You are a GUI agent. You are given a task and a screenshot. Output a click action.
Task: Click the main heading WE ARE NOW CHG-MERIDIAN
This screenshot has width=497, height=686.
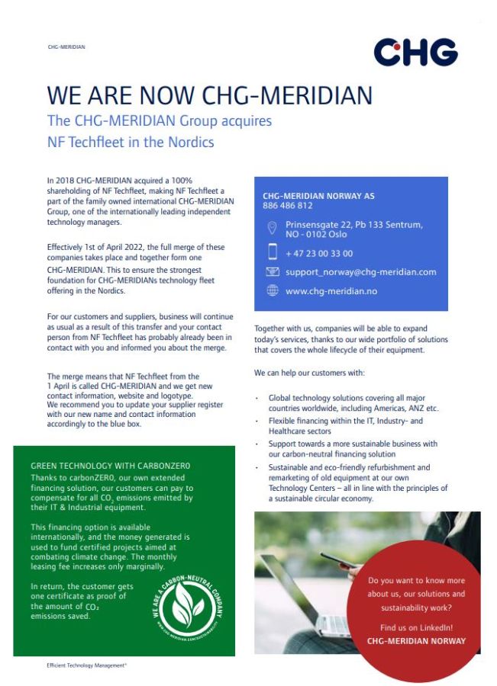pos(209,95)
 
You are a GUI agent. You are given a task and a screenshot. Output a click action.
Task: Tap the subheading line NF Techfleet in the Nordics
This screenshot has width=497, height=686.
pos(131,142)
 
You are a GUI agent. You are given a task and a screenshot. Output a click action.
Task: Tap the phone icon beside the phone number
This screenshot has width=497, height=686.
pos(273,252)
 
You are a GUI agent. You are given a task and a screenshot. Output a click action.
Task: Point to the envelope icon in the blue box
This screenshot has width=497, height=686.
pos(273,271)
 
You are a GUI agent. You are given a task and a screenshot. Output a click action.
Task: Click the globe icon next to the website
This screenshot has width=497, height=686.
pos(273,290)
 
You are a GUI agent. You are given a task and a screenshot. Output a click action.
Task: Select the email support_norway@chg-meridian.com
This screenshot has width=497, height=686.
pos(361,271)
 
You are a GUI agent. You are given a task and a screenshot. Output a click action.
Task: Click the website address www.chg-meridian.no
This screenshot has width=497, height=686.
pos(331,290)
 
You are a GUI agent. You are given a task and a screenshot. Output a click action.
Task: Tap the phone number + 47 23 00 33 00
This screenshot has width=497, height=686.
pos(319,253)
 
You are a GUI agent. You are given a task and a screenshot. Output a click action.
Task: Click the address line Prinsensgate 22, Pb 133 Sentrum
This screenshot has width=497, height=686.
pos(353,225)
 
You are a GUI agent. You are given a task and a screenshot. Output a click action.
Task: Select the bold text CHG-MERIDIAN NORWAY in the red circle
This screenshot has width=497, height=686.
pos(416,641)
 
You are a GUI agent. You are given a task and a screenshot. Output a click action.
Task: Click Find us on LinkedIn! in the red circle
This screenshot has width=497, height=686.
pos(416,627)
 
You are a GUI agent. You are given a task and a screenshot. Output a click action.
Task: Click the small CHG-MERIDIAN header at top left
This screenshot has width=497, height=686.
pos(66,46)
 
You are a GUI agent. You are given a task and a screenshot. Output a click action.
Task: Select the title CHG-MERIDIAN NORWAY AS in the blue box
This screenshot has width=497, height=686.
pos(318,196)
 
